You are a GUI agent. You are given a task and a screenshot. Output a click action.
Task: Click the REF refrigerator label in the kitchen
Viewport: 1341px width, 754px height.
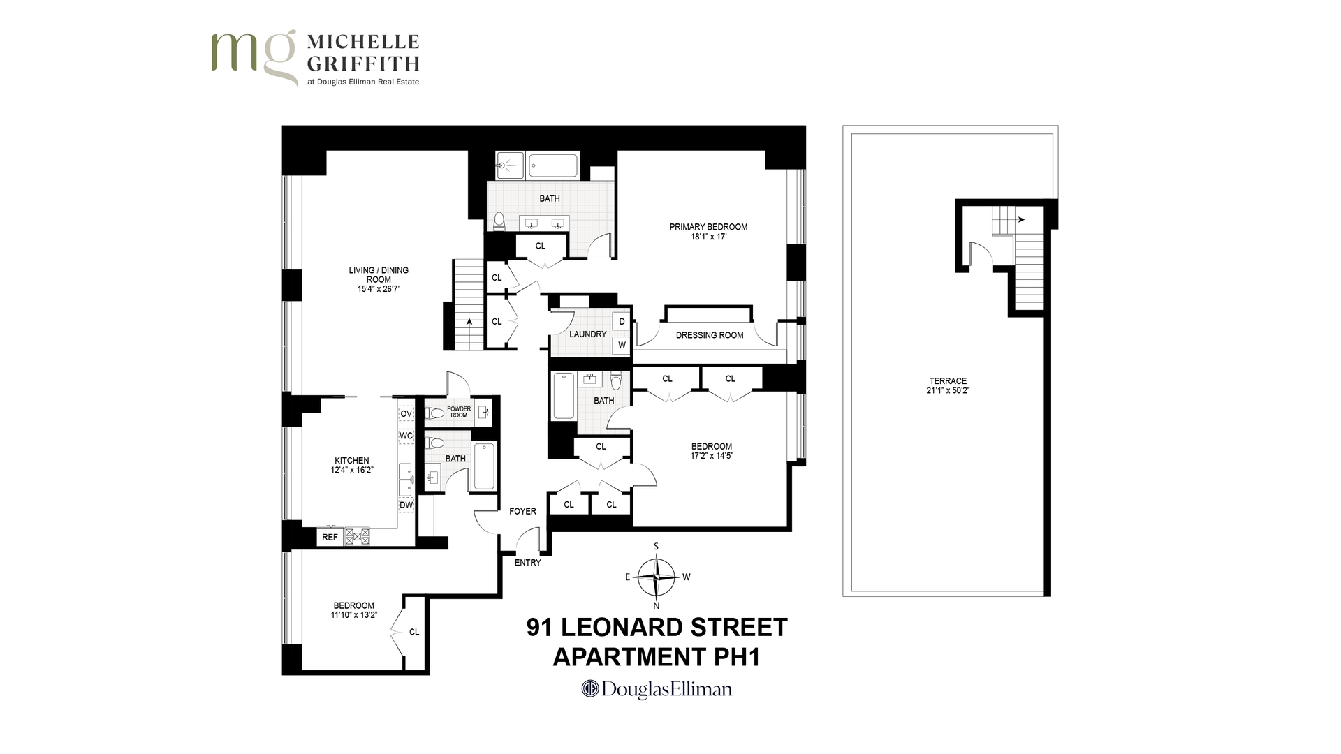[x=330, y=537]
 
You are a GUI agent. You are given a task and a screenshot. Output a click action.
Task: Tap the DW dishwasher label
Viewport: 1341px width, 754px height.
[x=406, y=505]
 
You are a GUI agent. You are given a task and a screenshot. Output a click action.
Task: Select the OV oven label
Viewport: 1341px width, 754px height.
[x=406, y=413]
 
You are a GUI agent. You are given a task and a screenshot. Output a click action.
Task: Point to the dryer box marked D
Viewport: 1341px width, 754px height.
[x=621, y=322]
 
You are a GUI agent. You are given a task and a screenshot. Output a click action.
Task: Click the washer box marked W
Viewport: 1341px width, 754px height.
[x=621, y=345]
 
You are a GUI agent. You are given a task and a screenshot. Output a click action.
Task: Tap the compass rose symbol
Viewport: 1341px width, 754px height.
[x=657, y=577]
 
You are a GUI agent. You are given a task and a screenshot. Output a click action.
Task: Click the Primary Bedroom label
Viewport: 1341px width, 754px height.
[x=708, y=227]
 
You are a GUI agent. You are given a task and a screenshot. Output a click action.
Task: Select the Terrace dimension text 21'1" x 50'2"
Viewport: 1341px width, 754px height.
[x=948, y=391]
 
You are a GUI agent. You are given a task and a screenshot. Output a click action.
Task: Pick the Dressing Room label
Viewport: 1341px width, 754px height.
[x=710, y=335]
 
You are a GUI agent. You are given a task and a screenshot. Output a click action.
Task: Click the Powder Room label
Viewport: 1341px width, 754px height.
[x=459, y=412]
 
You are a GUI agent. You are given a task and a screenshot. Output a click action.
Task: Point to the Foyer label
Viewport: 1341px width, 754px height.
[x=522, y=511]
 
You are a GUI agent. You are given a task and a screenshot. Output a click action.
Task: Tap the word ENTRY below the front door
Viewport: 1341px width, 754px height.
[x=527, y=563]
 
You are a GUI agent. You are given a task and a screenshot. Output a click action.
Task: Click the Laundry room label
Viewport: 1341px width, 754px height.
[x=587, y=334]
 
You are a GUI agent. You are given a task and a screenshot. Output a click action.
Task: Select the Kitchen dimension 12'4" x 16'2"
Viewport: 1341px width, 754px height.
[x=352, y=471]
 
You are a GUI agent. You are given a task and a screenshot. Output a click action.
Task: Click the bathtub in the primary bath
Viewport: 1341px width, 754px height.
[x=553, y=165]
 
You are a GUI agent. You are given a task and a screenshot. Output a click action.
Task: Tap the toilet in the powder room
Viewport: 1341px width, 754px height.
[x=434, y=412]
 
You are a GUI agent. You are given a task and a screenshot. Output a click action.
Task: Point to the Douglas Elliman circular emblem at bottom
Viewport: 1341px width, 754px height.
[x=590, y=689]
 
